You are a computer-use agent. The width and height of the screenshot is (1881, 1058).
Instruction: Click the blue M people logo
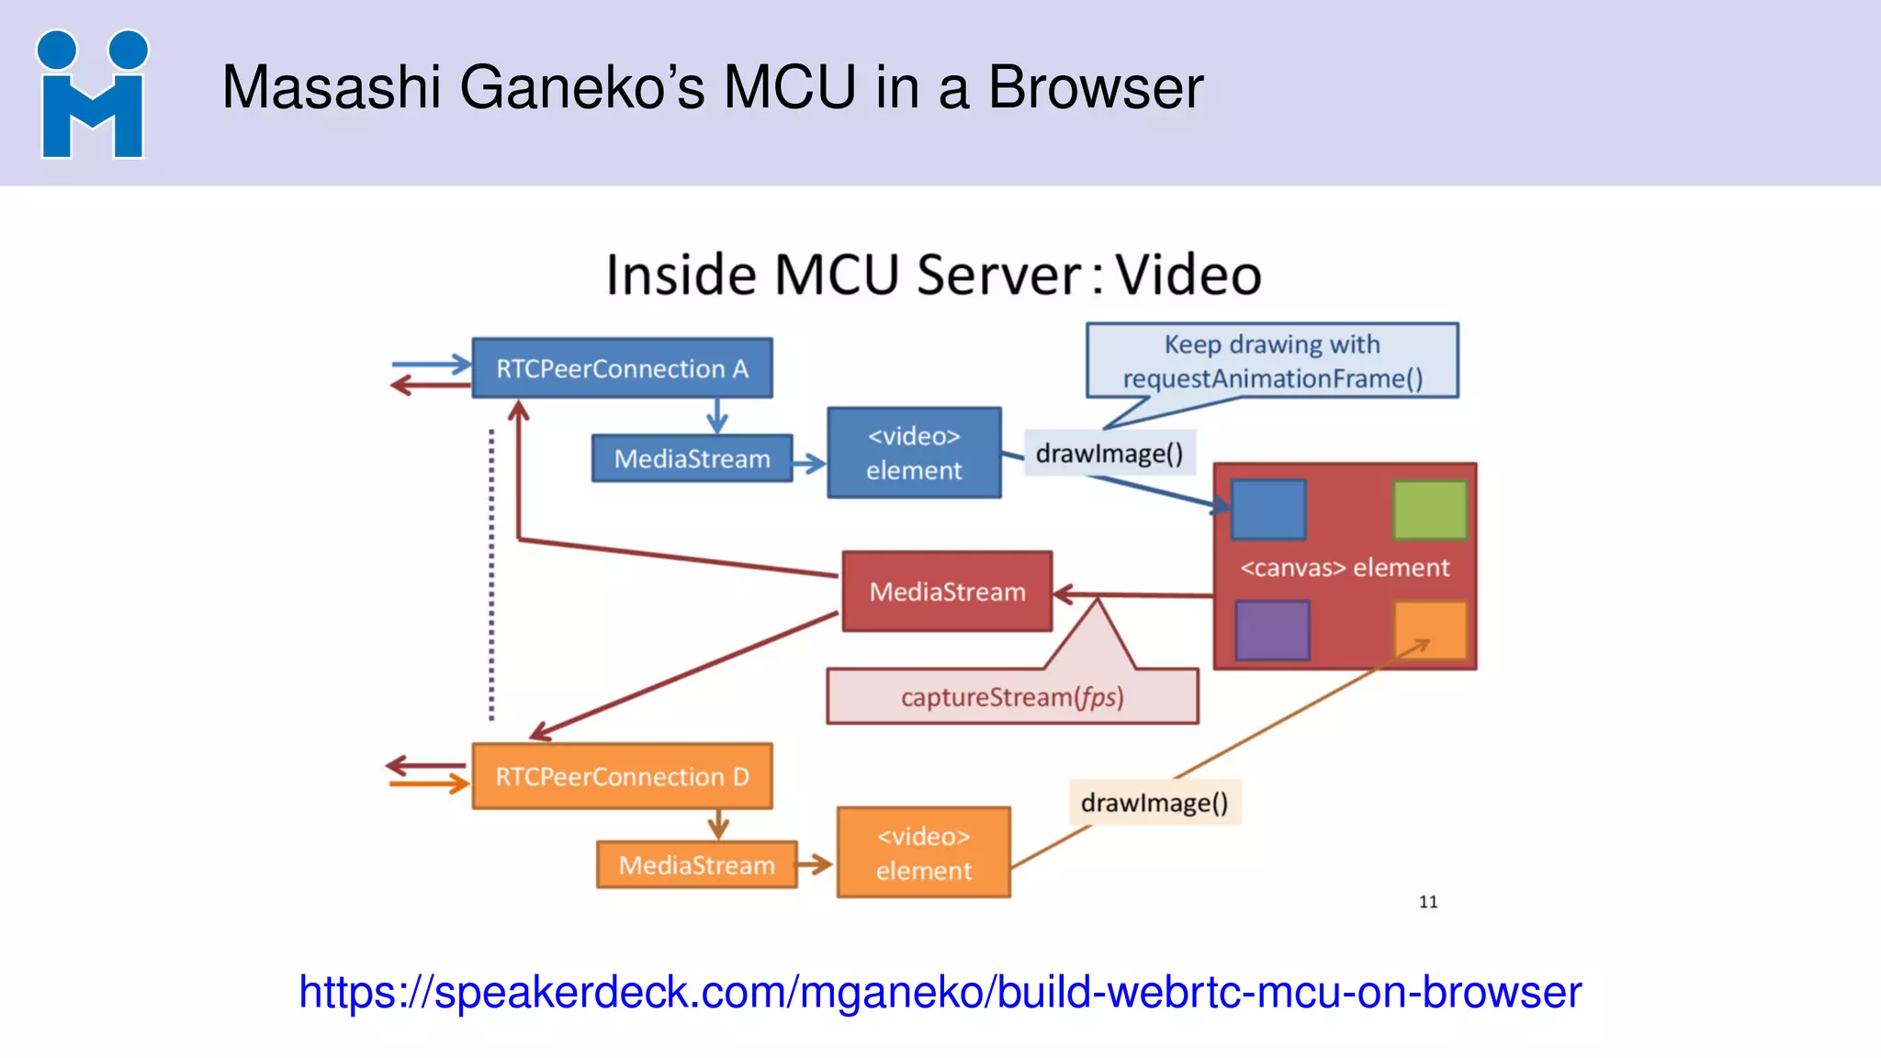[92, 95]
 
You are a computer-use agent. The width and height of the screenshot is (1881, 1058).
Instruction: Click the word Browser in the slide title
[1095, 88]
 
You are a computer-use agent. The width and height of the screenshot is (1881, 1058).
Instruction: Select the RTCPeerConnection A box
[622, 368]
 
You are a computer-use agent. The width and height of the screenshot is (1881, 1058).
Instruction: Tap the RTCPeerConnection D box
[622, 777]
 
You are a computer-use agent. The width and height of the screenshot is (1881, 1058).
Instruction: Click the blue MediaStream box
[692, 458]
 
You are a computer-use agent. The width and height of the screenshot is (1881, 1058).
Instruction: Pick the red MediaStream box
[947, 591]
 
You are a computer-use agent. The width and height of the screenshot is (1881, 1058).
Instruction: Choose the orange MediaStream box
[696, 865]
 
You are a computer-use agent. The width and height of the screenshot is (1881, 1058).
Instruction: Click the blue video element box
[914, 453]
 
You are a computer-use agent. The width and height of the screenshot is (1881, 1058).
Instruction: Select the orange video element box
[923, 852]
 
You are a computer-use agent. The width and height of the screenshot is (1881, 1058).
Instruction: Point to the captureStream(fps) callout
[1012, 697]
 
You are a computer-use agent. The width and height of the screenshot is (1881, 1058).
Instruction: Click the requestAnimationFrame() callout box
[1272, 361]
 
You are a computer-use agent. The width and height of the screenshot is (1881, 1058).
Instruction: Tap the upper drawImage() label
[1109, 454]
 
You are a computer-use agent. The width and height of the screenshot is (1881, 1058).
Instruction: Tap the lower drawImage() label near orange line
[1155, 803]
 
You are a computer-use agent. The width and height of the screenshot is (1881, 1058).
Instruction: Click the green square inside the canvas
[1429, 510]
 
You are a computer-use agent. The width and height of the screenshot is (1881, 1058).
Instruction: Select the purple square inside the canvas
[1272, 630]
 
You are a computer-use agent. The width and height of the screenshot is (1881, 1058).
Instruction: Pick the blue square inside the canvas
[1268, 510]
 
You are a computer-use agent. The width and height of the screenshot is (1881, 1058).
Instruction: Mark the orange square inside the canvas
[1429, 630]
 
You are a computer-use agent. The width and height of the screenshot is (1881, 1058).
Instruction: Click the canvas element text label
[1345, 568]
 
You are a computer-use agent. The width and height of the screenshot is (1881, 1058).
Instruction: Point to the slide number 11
[1428, 902]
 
